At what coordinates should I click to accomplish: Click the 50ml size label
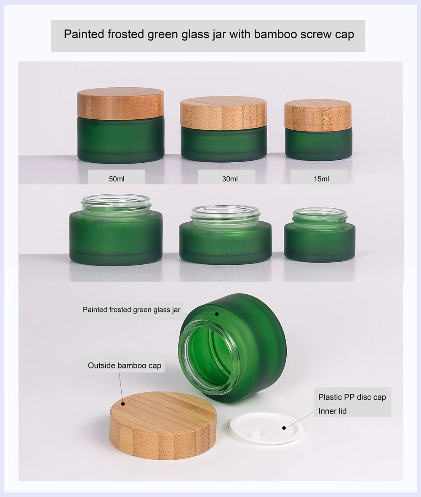pyautogui.click(x=117, y=179)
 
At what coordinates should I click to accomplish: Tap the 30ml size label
pyautogui.click(x=230, y=179)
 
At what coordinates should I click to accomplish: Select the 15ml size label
pyautogui.click(x=321, y=179)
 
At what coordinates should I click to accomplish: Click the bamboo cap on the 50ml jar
pyautogui.click(x=121, y=103)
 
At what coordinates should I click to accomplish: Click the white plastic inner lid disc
pyautogui.click(x=267, y=427)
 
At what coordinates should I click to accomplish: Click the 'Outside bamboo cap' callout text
pyautogui.click(x=124, y=365)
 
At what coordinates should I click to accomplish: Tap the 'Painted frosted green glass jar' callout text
pyautogui.click(x=131, y=310)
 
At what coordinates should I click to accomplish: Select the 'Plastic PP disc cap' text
pyautogui.click(x=352, y=397)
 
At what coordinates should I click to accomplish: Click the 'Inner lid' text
pyautogui.click(x=332, y=411)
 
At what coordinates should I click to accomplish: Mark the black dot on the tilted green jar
pyautogui.click(x=217, y=314)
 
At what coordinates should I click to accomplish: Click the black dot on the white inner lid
pyautogui.click(x=284, y=427)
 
